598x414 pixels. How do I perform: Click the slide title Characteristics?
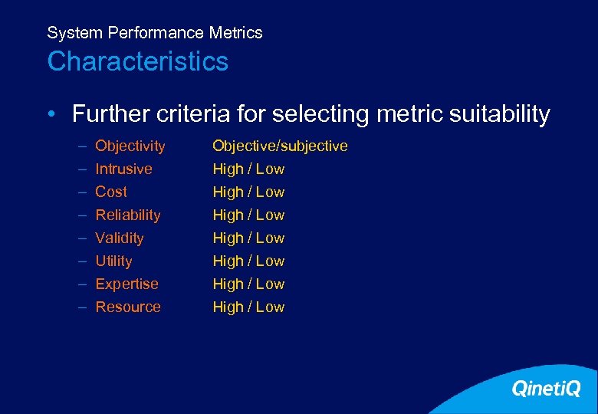pyautogui.click(x=138, y=61)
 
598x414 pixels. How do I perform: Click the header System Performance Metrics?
pyautogui.click(x=155, y=33)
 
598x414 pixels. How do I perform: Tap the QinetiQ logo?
pyautogui.click(x=546, y=389)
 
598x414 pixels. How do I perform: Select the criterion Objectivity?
pyautogui.click(x=130, y=146)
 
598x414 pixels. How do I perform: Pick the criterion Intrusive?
pyautogui.click(x=123, y=169)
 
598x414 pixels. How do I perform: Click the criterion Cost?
pyautogui.click(x=111, y=192)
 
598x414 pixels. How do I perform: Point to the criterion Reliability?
pyautogui.click(x=128, y=215)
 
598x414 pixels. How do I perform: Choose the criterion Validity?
pyautogui.click(x=120, y=238)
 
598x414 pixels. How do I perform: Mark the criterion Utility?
pyautogui.click(x=113, y=261)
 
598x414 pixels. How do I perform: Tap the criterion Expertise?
pyautogui.click(x=127, y=284)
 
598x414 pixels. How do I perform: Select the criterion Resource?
pyautogui.click(x=128, y=307)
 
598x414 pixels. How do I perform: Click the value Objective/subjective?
pyautogui.click(x=280, y=146)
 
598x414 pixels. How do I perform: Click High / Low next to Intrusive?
pyautogui.click(x=248, y=169)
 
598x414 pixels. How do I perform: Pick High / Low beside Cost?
pyautogui.click(x=248, y=192)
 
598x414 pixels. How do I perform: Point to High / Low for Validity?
pyautogui.click(x=248, y=238)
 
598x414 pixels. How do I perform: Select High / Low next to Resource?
pyautogui.click(x=248, y=307)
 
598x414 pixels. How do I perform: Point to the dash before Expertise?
pyautogui.click(x=81, y=284)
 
